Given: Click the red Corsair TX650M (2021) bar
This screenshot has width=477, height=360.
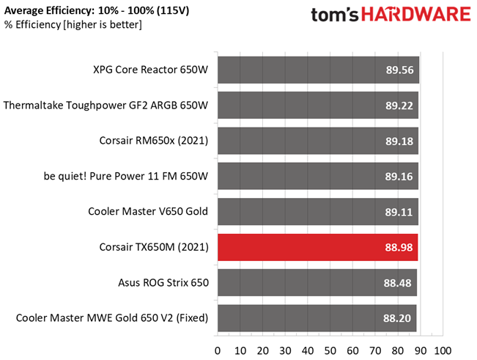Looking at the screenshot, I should coord(317,247).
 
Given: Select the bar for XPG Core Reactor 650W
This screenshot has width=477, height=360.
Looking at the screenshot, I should coord(318,70).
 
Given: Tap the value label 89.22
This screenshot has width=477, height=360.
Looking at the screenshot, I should coord(399,106).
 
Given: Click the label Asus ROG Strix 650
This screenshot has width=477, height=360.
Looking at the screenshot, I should coord(163,282).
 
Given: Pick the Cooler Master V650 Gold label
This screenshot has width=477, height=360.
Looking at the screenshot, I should coord(148,212).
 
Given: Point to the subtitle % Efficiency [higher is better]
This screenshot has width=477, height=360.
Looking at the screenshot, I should coord(73,25).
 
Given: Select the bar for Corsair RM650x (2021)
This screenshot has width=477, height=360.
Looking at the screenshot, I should coord(317,141).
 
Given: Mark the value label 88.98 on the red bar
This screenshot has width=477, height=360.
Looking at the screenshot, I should coord(399,247).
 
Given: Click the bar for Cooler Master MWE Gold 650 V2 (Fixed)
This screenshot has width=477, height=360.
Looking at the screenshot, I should coord(317,317).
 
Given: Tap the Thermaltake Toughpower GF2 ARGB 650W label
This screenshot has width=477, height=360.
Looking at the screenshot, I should coord(106,106).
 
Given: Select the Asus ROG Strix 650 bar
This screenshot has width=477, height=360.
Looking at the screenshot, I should coord(317,282).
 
